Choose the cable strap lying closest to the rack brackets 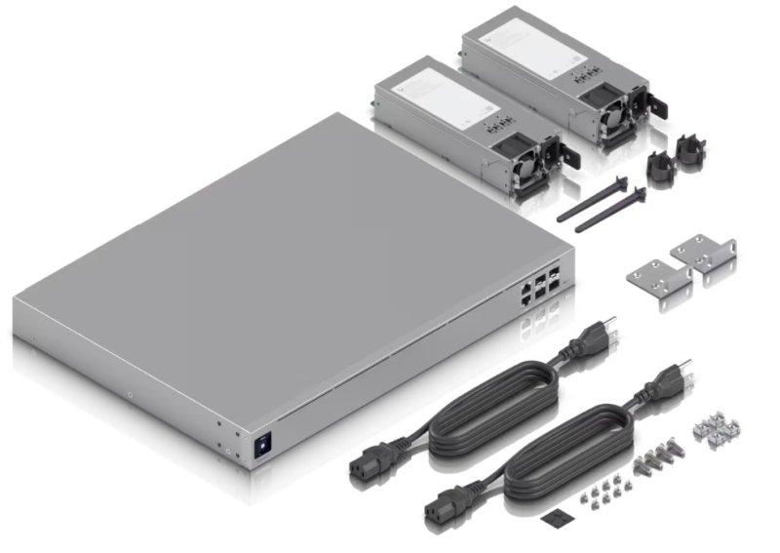[609, 211]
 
